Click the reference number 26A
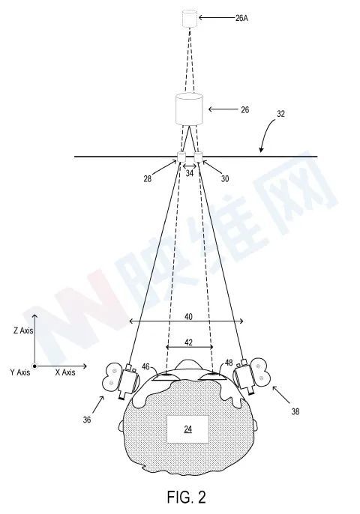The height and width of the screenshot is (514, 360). point(241,18)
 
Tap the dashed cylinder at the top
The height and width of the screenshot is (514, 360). point(190,19)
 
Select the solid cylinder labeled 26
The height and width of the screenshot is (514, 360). point(189,109)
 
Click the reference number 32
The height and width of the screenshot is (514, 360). point(280,114)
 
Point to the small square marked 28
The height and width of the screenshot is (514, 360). point(181,157)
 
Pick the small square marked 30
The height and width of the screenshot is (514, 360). point(198,157)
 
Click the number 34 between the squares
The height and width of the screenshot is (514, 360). point(190,173)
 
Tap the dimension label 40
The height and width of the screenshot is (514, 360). point(188,317)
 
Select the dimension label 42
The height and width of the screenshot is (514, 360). point(188,342)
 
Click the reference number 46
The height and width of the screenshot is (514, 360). point(145,366)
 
